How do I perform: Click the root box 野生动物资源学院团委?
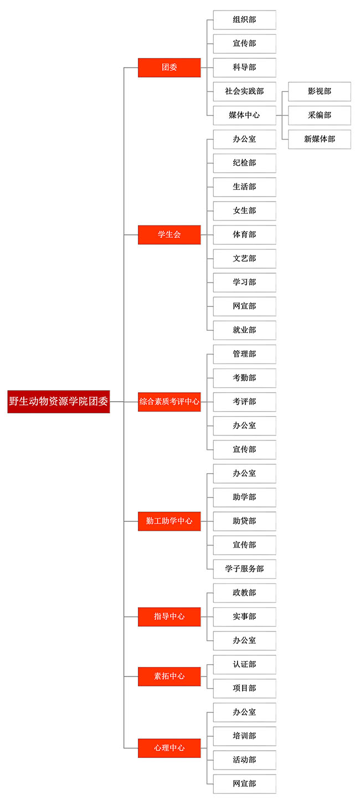coord(59,402)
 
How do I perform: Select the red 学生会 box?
coord(169,235)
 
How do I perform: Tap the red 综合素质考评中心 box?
coord(169,402)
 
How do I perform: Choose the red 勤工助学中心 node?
coord(169,521)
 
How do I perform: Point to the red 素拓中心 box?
coord(169,676)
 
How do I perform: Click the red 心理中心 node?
coord(169,748)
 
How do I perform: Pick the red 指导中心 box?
coord(169,617)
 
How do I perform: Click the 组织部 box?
coord(245,20)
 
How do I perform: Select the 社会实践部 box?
coord(245,91)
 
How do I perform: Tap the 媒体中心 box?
coord(245,115)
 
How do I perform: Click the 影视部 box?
coord(320,91)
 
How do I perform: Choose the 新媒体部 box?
coord(320,139)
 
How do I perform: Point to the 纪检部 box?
coord(245,163)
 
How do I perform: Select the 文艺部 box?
coord(245,259)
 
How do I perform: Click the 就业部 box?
coord(245,330)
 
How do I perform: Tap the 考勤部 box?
coord(245,378)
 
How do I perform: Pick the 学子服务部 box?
coord(245,569)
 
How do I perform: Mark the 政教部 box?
coord(245,593)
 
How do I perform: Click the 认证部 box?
coord(245,665)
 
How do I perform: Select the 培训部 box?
coord(245,736)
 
